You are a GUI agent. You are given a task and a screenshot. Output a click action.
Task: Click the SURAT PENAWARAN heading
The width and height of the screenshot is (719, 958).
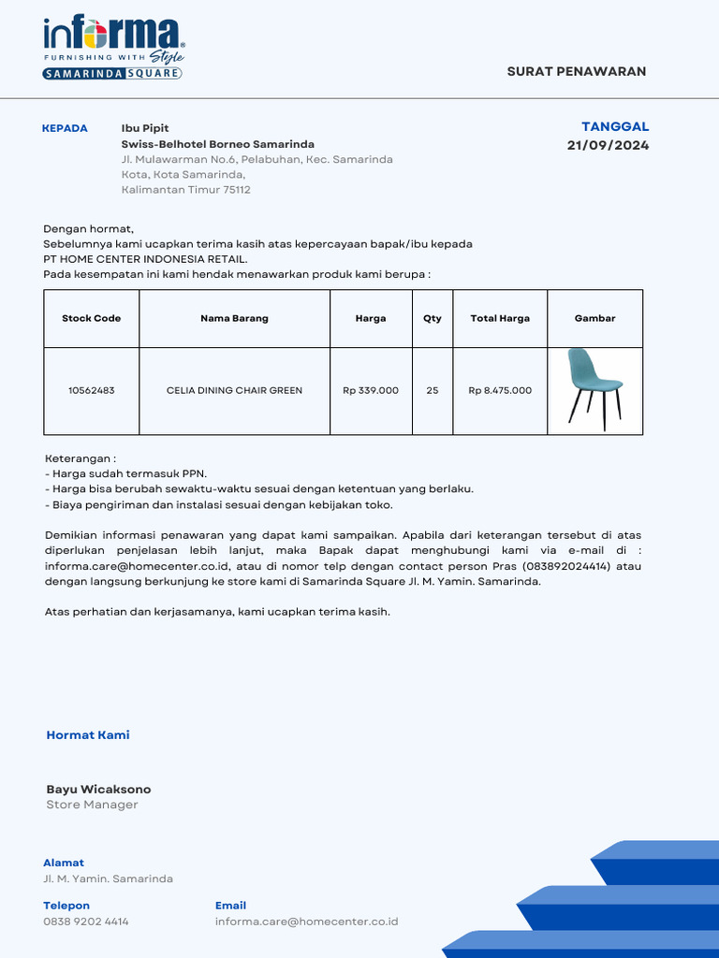(x=576, y=72)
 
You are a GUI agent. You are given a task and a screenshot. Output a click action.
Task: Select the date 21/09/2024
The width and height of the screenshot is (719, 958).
(x=608, y=145)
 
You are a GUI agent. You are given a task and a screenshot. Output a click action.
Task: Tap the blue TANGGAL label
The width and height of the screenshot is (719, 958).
(x=615, y=126)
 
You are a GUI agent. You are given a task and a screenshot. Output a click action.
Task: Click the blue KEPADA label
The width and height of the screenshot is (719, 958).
(x=65, y=128)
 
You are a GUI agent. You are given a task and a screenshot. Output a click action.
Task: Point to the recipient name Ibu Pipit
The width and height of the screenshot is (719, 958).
(x=145, y=128)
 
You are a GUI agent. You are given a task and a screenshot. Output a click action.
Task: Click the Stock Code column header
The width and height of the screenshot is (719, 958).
(x=91, y=318)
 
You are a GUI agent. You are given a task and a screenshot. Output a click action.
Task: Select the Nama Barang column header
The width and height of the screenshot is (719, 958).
(x=234, y=318)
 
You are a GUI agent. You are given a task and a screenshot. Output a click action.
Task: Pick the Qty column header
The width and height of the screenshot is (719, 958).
(x=432, y=318)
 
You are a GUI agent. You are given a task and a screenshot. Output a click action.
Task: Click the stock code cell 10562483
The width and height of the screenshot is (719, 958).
(x=91, y=390)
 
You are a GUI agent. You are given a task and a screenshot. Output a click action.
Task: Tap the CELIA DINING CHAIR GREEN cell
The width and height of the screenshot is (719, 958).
(x=234, y=390)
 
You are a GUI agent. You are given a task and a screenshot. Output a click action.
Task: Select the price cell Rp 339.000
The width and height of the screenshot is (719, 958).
(x=370, y=390)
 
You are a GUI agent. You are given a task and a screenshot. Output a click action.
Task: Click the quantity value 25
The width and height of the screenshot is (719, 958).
(x=432, y=390)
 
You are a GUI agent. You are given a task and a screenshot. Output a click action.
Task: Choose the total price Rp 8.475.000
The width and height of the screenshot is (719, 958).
(x=500, y=390)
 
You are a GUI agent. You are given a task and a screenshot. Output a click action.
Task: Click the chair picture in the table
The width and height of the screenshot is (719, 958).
(x=594, y=389)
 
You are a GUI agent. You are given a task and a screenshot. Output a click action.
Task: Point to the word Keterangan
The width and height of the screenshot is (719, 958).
(x=80, y=459)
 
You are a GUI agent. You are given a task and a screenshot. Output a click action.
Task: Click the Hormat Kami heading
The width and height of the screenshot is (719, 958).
(x=88, y=735)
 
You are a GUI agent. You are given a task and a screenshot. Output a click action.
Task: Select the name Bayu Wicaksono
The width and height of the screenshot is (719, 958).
(x=98, y=790)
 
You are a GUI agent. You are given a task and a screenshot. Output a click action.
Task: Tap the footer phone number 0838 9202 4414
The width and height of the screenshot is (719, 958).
(x=86, y=922)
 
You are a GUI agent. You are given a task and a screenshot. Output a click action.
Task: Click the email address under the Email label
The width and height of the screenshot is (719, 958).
(x=306, y=922)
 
